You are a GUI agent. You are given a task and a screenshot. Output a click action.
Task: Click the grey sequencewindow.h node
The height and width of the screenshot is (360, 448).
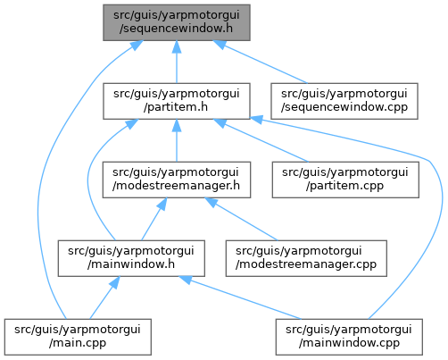pyautogui.click(x=177, y=22)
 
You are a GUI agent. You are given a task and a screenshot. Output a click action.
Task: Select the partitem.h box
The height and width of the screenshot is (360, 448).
pyautogui.click(x=177, y=101)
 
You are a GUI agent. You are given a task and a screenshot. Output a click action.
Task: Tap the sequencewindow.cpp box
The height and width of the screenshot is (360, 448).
pyautogui.click(x=344, y=101)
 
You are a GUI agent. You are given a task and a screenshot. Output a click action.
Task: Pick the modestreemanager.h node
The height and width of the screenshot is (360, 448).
pyautogui.click(x=177, y=180)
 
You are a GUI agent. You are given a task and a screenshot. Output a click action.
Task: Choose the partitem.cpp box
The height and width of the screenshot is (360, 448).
pyautogui.click(x=345, y=180)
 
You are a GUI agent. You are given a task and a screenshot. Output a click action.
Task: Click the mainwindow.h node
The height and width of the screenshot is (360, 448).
pyautogui.click(x=131, y=258)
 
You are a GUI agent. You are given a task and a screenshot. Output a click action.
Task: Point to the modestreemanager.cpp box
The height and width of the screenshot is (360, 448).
pyautogui.click(x=306, y=258)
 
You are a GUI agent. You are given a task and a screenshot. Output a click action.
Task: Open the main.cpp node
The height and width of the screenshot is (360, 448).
pyautogui.click(x=78, y=337)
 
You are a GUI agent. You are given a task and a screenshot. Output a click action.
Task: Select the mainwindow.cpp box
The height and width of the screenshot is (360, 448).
pyautogui.click(x=349, y=337)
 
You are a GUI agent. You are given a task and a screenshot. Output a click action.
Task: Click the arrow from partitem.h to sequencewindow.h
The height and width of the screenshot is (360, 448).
pyautogui.click(x=177, y=62)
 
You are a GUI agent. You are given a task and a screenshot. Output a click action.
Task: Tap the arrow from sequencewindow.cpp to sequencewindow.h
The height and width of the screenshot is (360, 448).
pyautogui.click(x=261, y=62)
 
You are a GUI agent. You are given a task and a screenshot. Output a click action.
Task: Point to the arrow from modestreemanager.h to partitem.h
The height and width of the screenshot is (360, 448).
pyautogui.click(x=177, y=140)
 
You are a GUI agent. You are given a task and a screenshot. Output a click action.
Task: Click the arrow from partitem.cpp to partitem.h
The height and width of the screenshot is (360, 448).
pyautogui.click(x=261, y=140)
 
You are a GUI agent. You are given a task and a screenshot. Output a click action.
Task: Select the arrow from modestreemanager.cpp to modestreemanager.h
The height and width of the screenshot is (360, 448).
pyautogui.click(x=241, y=219)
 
